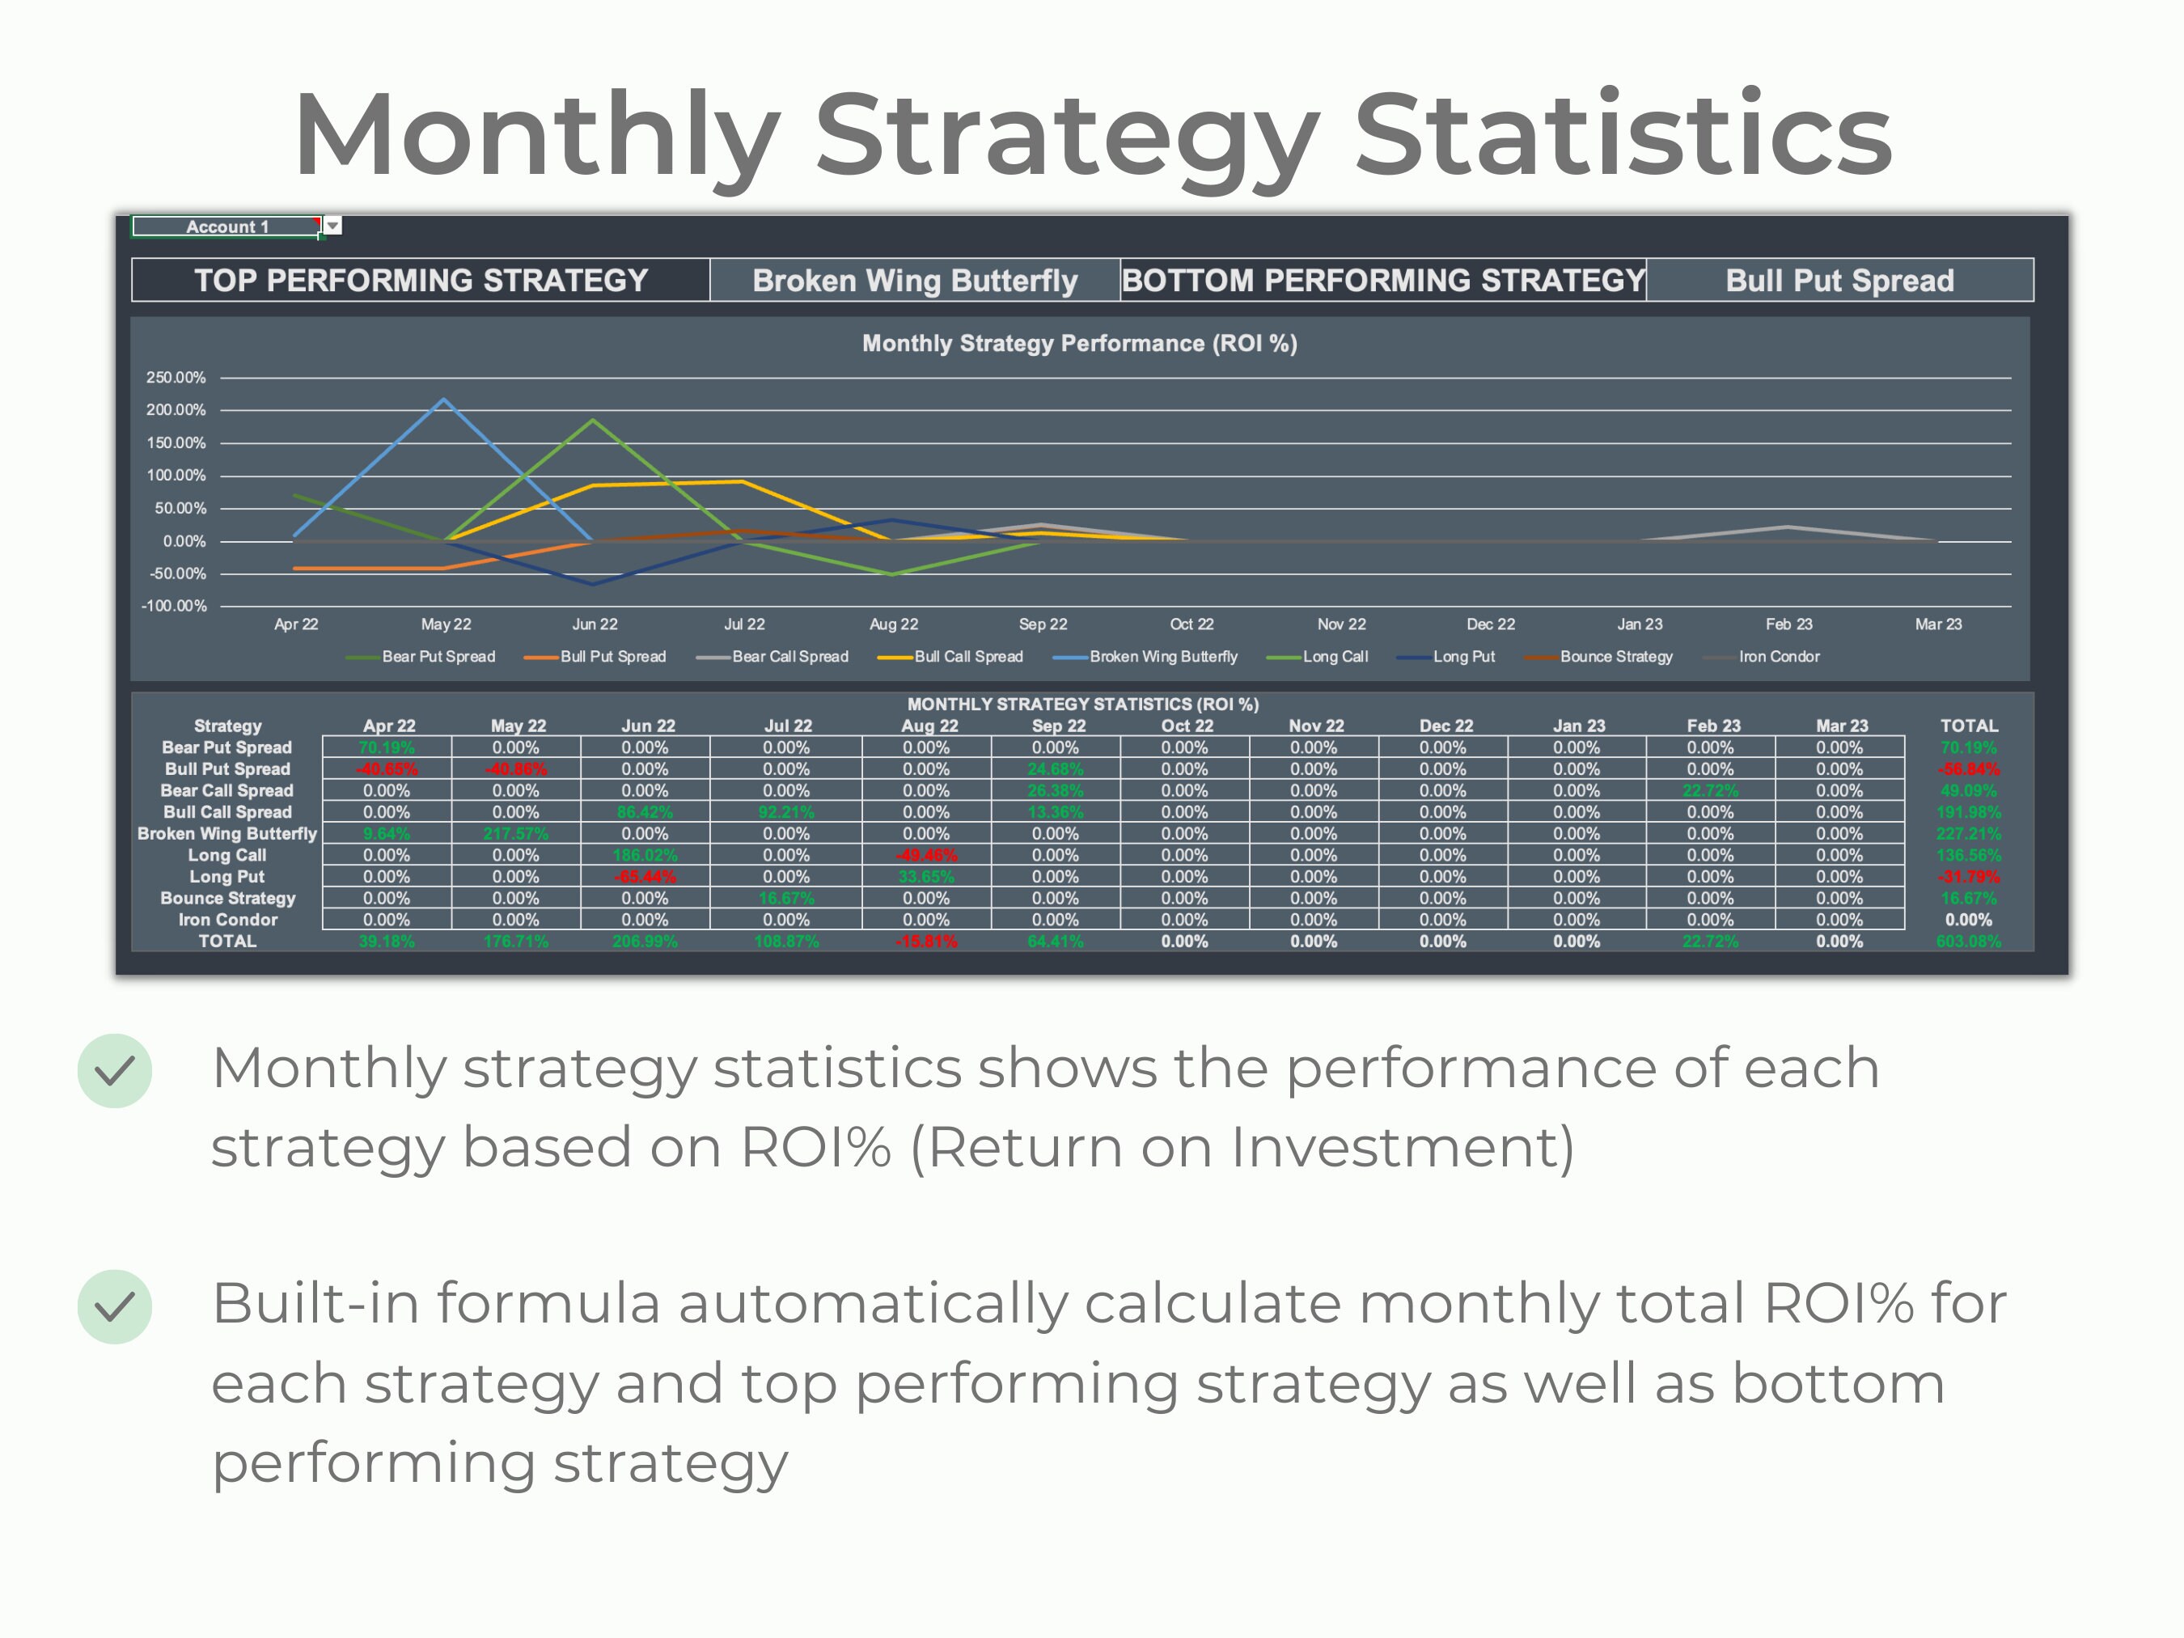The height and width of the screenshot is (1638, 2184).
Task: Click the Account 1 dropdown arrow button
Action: tap(332, 226)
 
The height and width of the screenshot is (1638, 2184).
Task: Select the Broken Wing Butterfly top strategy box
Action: tap(914, 281)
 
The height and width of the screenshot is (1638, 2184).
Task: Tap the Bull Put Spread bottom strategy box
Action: tap(1839, 281)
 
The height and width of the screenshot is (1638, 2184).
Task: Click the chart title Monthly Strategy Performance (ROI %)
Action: tap(1079, 344)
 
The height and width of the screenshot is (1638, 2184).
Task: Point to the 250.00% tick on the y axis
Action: tap(176, 377)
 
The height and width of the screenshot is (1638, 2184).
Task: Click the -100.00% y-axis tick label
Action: tap(174, 606)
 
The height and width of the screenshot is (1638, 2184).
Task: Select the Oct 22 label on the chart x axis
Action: tap(1191, 624)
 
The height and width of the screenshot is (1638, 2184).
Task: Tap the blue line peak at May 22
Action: tap(444, 400)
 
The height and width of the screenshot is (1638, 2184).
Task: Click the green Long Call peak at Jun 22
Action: tap(594, 421)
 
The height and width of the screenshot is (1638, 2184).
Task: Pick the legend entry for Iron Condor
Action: tap(1778, 657)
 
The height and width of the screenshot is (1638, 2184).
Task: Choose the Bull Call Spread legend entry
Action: tap(967, 657)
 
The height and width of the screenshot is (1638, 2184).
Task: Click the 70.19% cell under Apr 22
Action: tap(386, 747)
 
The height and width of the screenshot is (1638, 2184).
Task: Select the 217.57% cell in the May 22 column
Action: tap(515, 833)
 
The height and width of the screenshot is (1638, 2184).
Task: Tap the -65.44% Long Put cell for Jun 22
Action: tap(645, 877)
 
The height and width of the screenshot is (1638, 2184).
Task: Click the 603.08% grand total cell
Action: tap(1968, 941)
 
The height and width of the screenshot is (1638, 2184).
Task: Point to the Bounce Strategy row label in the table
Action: tap(227, 899)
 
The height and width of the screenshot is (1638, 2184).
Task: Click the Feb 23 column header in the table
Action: tap(1713, 726)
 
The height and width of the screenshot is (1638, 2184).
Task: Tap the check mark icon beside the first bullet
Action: tap(115, 1070)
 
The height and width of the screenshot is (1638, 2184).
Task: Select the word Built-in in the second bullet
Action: tap(315, 1303)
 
